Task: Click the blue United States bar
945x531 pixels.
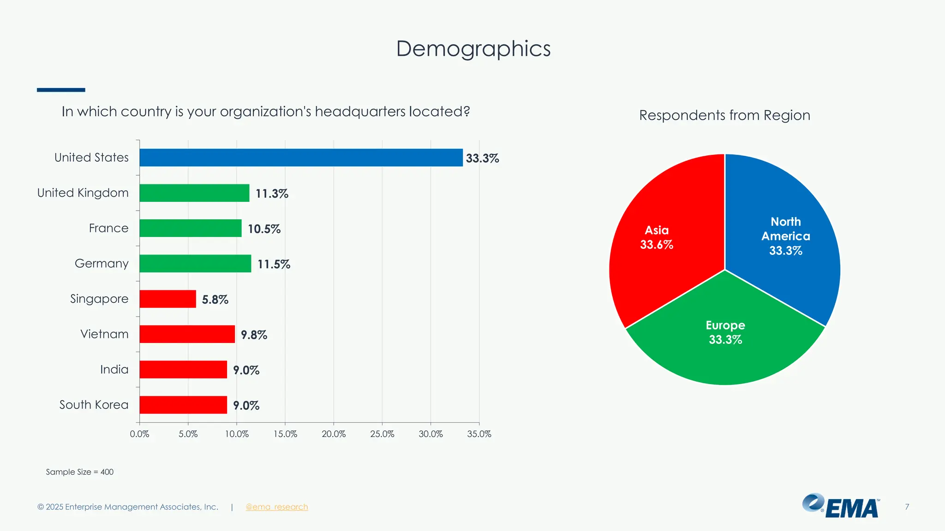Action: (301, 158)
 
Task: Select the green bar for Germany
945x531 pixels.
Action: (195, 264)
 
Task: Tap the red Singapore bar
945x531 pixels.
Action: (167, 299)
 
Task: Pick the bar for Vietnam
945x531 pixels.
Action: (187, 334)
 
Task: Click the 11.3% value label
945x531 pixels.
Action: (272, 194)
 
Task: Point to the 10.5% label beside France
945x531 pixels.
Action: (264, 229)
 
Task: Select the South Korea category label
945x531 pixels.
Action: (94, 405)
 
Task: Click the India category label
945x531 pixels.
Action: (114, 370)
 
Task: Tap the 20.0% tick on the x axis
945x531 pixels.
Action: (334, 434)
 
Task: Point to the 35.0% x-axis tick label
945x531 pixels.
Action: (479, 434)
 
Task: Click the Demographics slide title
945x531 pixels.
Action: (473, 48)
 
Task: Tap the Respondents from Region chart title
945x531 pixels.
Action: (724, 115)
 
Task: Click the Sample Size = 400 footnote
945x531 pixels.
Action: (79, 472)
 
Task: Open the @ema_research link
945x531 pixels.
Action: (276, 507)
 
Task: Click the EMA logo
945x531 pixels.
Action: (841, 506)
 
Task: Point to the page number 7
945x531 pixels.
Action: (907, 507)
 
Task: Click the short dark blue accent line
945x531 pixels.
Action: (61, 90)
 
